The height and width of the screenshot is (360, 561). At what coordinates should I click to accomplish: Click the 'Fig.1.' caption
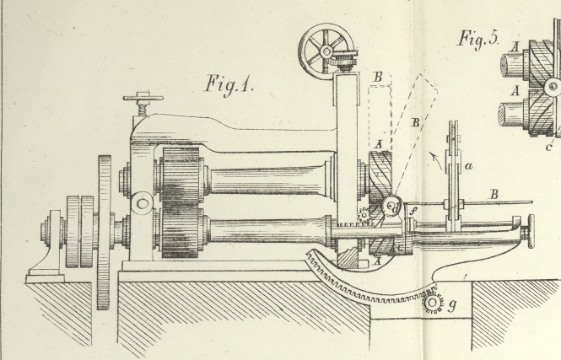coord(231,84)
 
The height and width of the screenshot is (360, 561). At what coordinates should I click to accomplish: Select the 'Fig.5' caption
coord(478,38)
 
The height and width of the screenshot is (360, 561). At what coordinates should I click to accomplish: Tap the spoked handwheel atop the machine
coord(325,51)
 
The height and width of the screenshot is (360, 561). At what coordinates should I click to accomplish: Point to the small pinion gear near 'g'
coord(434,302)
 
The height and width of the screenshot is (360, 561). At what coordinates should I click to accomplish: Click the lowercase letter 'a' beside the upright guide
coord(469,167)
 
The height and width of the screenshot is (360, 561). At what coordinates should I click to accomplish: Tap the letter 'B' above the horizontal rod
coord(494,194)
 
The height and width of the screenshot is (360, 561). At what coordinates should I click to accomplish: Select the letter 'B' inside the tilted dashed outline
coord(414,123)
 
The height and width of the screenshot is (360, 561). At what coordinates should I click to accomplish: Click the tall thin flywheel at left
coord(105,232)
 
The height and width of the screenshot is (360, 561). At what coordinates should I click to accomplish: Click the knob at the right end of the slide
coord(530,231)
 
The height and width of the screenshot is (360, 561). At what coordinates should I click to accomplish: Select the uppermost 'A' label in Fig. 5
coord(515,47)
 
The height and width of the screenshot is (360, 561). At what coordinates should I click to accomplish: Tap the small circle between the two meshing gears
coord(143,202)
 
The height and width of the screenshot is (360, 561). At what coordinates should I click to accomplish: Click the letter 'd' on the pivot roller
coord(392,206)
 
